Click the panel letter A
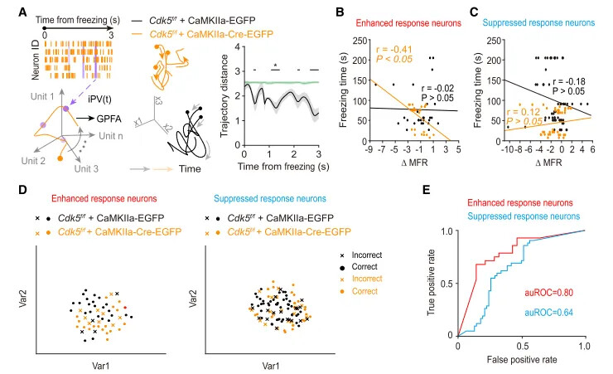pos(7,9)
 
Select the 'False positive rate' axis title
pos(523,362)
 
